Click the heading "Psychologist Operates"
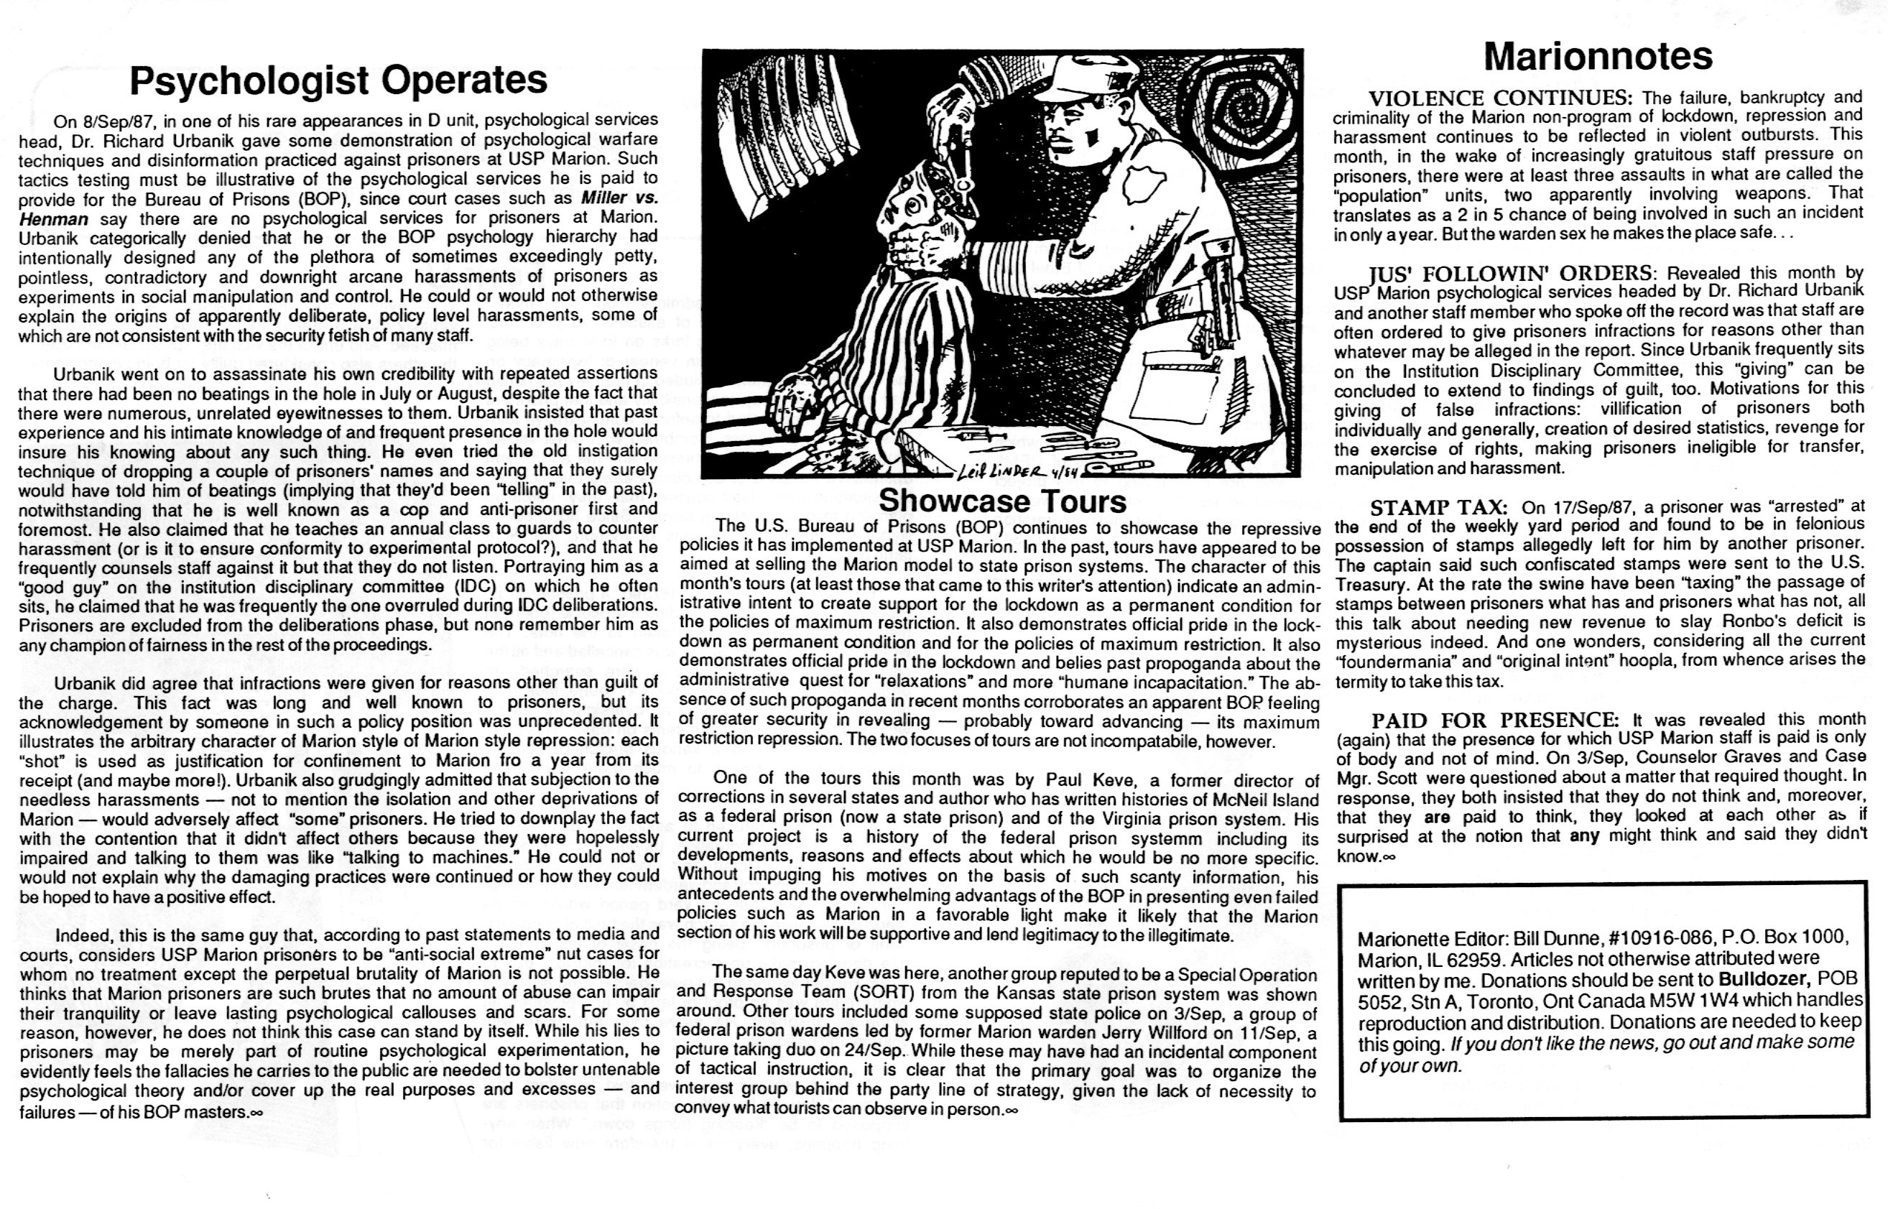(338, 80)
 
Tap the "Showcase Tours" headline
(1002, 500)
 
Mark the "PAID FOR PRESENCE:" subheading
(1495, 720)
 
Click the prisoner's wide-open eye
(912, 205)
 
